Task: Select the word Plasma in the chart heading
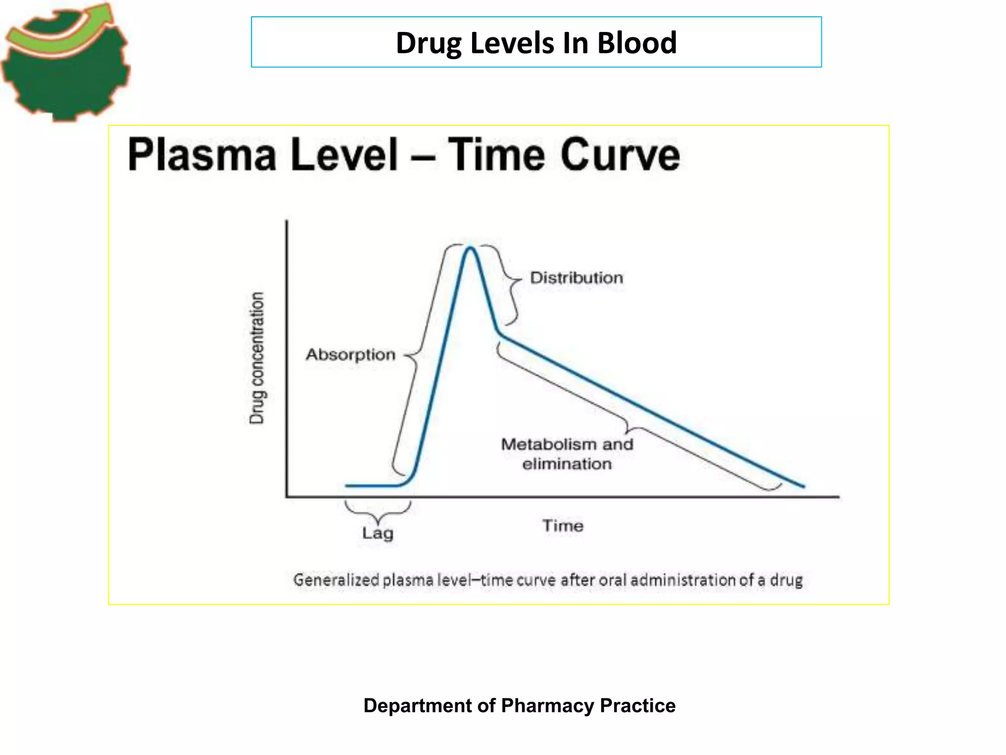[202, 155]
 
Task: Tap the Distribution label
[576, 278]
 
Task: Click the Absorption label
[350, 354]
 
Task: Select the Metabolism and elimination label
[567, 454]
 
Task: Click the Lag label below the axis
[377, 533]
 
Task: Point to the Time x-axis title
[563, 525]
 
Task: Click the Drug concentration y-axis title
[256, 358]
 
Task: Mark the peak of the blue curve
[470, 248]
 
